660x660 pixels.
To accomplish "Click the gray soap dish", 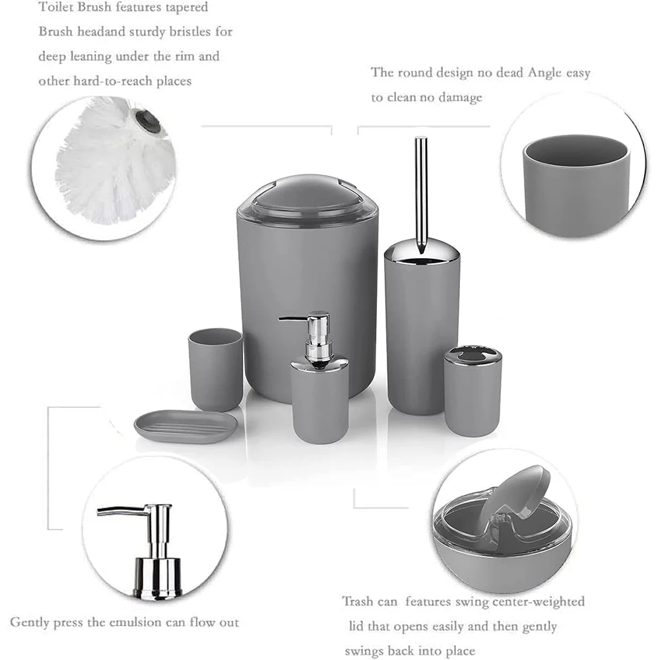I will click(185, 426).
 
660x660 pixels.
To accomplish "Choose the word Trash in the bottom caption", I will click(359, 601).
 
